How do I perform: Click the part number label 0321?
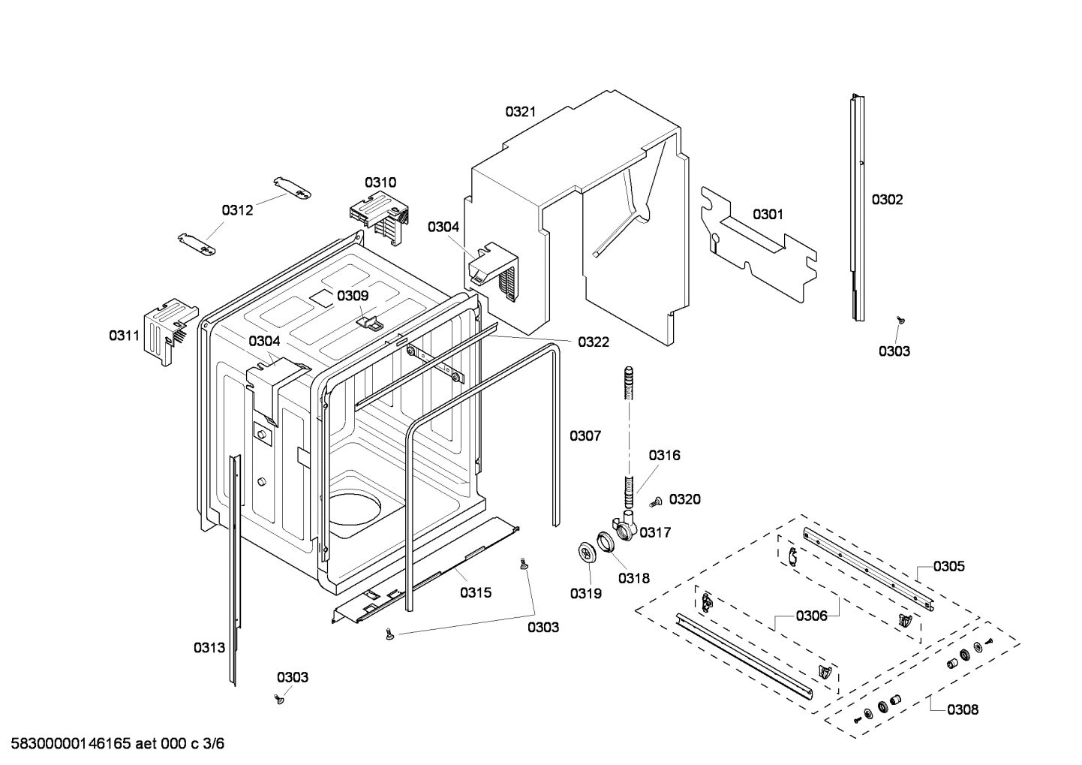click(520, 112)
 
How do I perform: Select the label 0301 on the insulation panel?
click(768, 215)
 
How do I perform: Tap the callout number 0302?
click(887, 200)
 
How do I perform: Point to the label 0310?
click(380, 182)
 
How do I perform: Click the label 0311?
click(125, 336)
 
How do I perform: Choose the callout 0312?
click(237, 210)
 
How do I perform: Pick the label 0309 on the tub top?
click(352, 296)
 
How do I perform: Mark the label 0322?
click(594, 342)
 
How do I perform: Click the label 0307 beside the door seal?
click(585, 435)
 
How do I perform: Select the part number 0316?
click(664, 455)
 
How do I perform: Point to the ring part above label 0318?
click(606, 542)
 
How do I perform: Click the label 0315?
click(476, 593)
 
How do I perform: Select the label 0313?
click(209, 648)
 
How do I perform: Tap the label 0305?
click(949, 567)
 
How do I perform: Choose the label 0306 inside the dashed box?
click(811, 616)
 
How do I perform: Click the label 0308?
click(963, 709)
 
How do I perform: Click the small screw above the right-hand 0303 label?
click(899, 321)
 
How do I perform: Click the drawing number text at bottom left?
click(113, 744)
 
